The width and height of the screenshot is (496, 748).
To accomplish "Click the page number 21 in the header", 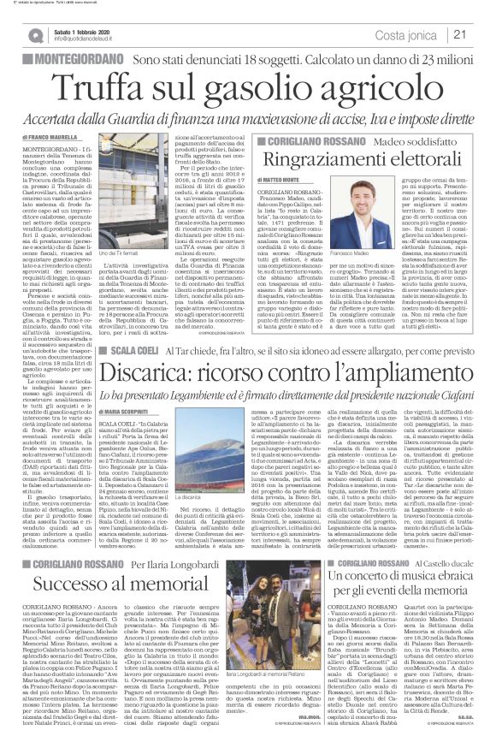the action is click(x=482, y=34).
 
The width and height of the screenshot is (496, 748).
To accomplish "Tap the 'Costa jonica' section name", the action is click(x=416, y=34).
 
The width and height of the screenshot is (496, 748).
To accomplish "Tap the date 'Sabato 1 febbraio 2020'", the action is click(x=83, y=29).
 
